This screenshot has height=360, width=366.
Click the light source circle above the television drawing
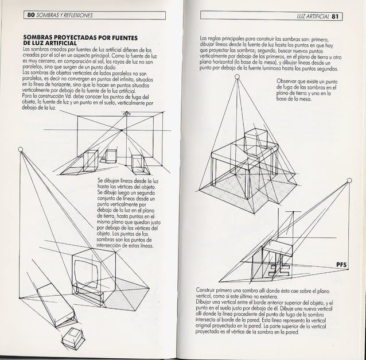[21, 150]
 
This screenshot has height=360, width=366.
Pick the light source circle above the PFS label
[351, 181]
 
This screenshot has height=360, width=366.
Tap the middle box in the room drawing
[108, 156]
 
